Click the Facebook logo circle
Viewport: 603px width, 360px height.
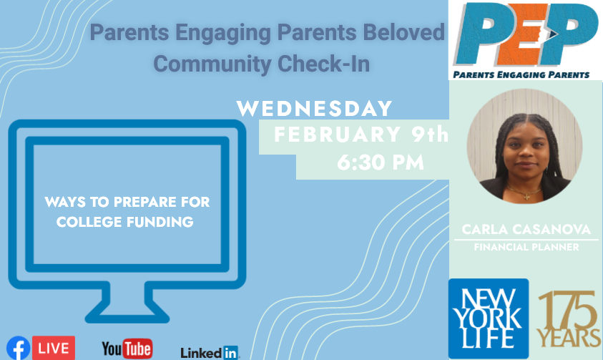tap(18, 348)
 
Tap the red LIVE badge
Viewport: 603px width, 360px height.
tap(54, 348)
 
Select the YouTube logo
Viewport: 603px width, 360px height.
tap(127, 349)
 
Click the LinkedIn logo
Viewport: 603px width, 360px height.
tap(210, 352)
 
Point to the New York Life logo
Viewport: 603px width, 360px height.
tap(489, 318)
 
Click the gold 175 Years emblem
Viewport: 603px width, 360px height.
tap(569, 318)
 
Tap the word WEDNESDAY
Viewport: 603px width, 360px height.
tap(314, 109)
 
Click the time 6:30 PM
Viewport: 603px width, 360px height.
tap(381, 162)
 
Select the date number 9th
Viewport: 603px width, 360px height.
tap(430, 135)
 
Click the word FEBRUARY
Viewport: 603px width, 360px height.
tap(337, 135)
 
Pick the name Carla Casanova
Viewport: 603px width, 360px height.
tap(526, 229)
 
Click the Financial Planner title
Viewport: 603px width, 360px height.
tap(526, 247)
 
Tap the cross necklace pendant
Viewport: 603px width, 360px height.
tap(527, 197)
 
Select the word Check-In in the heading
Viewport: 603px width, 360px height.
tap(323, 64)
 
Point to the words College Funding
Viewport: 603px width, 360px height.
tap(125, 222)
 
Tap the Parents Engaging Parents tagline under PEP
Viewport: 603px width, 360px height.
tap(521, 74)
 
